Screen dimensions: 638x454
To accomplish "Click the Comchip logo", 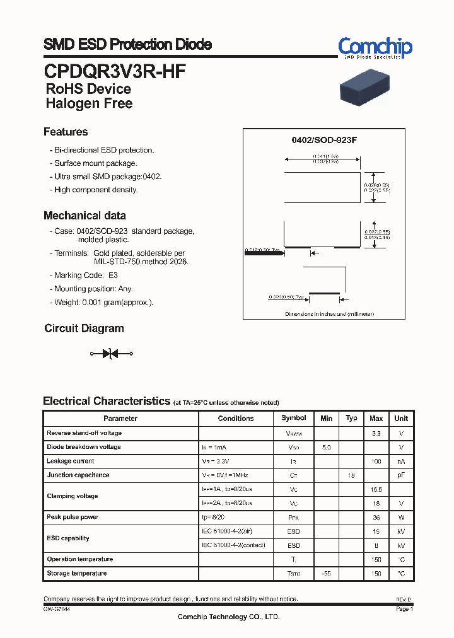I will click(375, 48).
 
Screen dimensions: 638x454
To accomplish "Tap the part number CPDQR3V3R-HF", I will click(114, 70).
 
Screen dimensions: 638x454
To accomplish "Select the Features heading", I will click(66, 132).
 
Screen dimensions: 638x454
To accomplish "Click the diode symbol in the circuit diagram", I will click(112, 354).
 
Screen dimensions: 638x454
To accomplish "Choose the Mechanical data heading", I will click(84, 216).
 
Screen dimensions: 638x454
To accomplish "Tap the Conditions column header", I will click(236, 419).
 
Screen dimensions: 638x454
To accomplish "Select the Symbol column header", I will click(294, 418).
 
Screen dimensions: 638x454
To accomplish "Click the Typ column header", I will click(351, 418).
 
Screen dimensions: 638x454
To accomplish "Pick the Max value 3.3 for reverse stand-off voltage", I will click(376, 433).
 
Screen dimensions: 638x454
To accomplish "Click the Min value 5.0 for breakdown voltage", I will click(326, 447).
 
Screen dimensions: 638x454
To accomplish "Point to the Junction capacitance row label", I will click(78, 475).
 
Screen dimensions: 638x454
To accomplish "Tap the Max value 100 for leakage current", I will click(376, 461).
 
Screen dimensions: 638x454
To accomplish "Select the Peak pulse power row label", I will click(73, 518).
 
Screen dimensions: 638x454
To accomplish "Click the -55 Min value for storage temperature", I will click(326, 574).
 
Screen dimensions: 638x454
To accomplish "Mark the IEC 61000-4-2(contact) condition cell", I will click(233, 545).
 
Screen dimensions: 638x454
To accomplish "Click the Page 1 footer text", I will click(404, 609).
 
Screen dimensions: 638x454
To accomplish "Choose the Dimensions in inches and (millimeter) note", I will click(329, 313).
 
